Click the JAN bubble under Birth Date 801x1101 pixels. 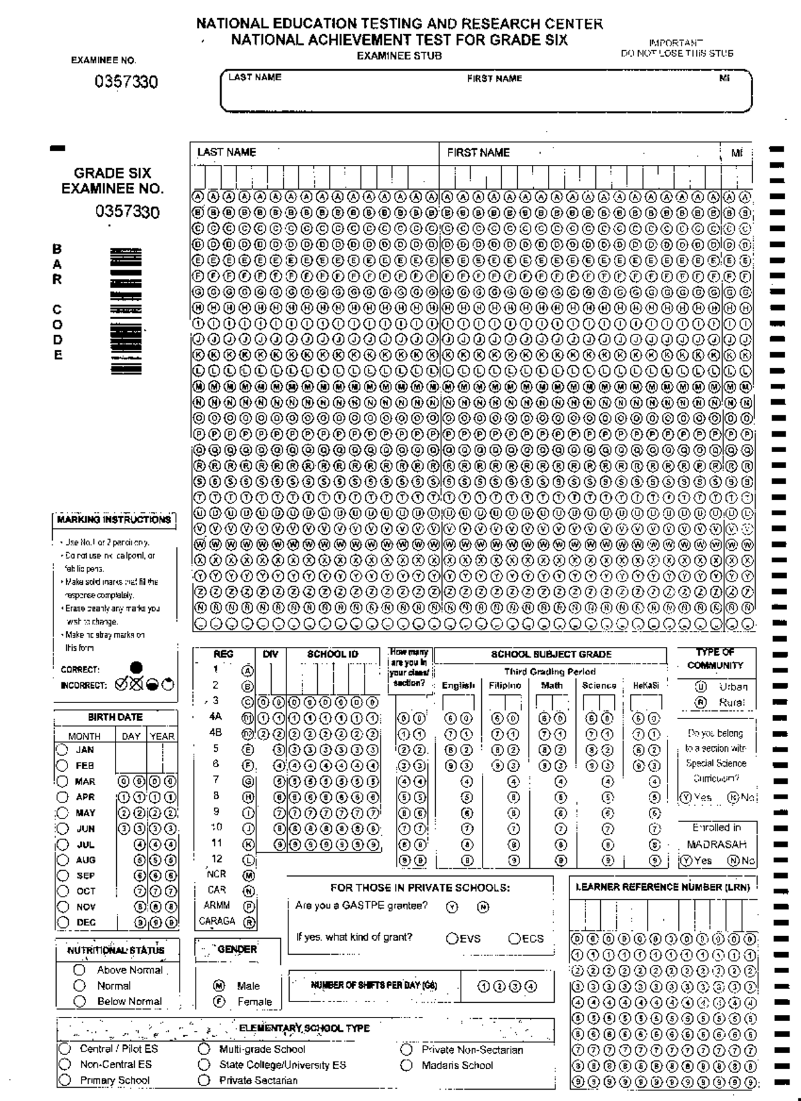[62, 749]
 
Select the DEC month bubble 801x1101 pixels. [62, 922]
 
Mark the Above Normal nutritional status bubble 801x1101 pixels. [79, 969]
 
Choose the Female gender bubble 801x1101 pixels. [218, 1002]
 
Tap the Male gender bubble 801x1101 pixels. [218, 985]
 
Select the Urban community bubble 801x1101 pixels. [701, 686]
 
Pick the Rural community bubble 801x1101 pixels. [701, 702]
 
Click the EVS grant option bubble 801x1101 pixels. [452, 938]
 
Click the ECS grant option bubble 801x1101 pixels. [515, 938]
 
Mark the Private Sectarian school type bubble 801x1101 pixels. [204, 1080]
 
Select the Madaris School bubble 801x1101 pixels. [407, 1065]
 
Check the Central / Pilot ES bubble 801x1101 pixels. [65, 1049]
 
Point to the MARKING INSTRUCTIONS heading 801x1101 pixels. [113, 519]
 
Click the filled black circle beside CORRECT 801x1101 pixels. [136, 668]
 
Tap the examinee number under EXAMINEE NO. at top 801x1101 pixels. [126, 82]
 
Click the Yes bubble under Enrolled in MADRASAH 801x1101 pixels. [686, 861]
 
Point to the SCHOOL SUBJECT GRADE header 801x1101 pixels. [551, 654]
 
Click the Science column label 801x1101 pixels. [599, 686]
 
